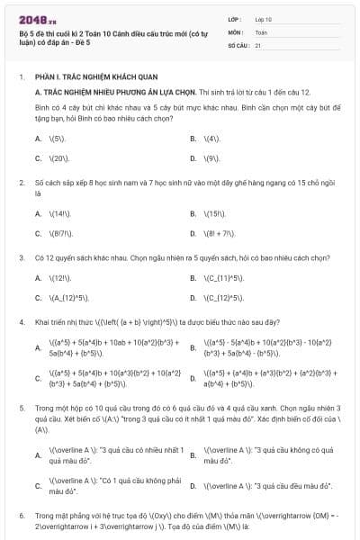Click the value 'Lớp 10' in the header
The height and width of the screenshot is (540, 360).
click(264, 18)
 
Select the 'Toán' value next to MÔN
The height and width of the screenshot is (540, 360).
click(261, 31)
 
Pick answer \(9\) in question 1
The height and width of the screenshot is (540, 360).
click(212, 157)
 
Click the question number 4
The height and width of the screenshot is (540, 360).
click(21, 321)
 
